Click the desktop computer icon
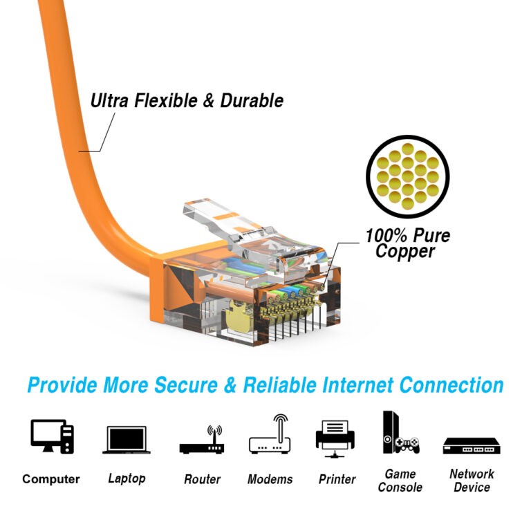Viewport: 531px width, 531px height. click(x=52, y=436)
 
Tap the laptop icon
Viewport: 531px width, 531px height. click(x=127, y=440)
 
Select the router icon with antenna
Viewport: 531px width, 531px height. click(x=202, y=440)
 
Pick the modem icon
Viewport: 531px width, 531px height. click(x=270, y=434)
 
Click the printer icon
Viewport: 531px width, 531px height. click(x=335, y=439)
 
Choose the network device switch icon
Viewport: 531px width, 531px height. click(x=472, y=446)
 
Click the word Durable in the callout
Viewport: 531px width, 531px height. click(x=252, y=100)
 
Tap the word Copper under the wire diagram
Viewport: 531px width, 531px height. click(x=405, y=251)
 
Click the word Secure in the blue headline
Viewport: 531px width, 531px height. click(x=185, y=385)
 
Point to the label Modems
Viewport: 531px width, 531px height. click(x=270, y=479)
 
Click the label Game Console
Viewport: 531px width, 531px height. click(x=400, y=481)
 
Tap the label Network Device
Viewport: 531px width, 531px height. click(x=472, y=481)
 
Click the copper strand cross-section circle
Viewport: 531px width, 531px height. click(x=408, y=176)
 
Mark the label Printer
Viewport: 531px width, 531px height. click(x=337, y=479)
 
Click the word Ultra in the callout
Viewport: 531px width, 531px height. click(x=109, y=100)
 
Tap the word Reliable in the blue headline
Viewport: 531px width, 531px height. click(x=280, y=385)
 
